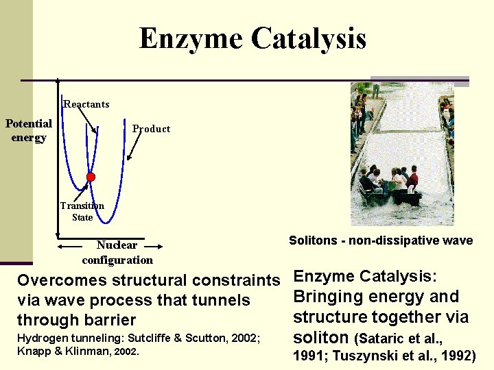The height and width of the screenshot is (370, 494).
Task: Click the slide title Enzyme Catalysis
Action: pyautogui.click(x=252, y=38)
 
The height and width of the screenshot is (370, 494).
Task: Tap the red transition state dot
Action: pyautogui.click(x=90, y=177)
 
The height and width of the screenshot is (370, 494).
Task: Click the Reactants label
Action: pyautogui.click(x=86, y=104)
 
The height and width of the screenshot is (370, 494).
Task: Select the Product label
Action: pyautogui.click(x=151, y=129)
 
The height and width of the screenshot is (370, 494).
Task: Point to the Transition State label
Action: pyautogui.click(x=82, y=211)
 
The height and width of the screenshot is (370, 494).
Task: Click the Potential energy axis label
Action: pyautogui.click(x=29, y=130)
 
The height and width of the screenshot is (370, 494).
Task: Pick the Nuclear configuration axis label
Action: pyautogui.click(x=117, y=252)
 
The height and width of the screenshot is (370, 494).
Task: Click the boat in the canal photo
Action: pyautogui.click(x=391, y=188)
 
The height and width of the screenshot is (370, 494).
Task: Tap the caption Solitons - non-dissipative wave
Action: pyautogui.click(x=381, y=241)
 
